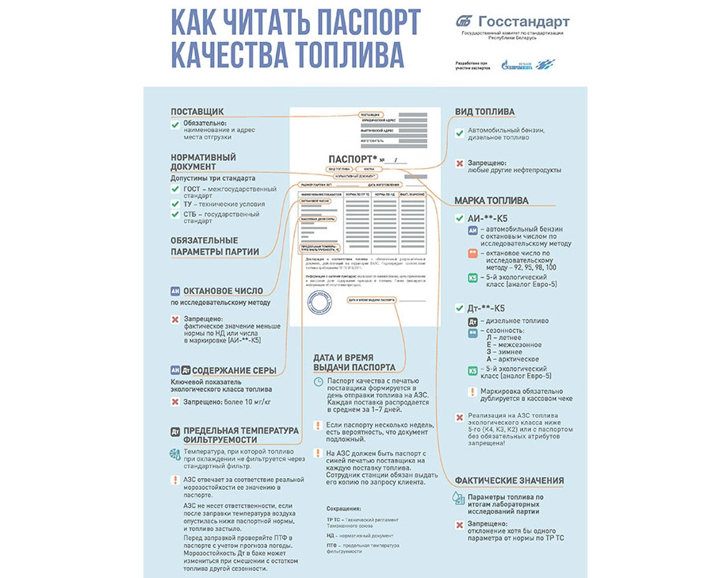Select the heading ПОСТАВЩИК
[x=197, y=112]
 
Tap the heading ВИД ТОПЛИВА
[x=484, y=112]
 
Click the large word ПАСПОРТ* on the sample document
[x=351, y=159]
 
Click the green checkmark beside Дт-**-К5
[x=459, y=308]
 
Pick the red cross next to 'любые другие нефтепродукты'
[x=459, y=163]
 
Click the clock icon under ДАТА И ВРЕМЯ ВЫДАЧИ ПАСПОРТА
[x=318, y=382]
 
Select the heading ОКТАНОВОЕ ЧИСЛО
[x=227, y=291]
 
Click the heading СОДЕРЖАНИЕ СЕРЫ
[x=234, y=370]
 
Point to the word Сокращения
[x=343, y=508]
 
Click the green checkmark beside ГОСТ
[x=175, y=189]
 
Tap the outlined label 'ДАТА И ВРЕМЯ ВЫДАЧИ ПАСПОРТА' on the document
[x=373, y=300]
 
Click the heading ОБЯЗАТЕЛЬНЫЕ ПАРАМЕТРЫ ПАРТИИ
[x=204, y=246]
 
